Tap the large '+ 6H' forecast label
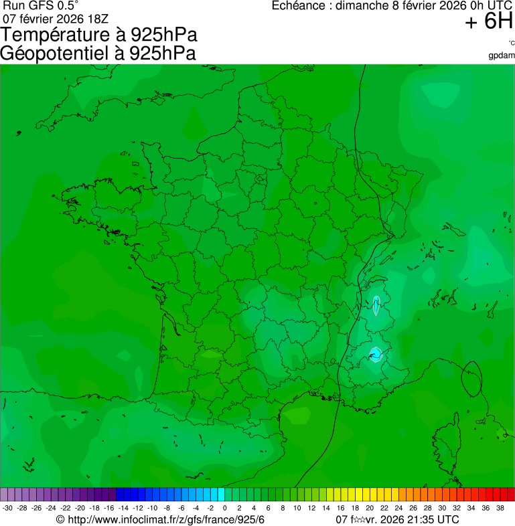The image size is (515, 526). point(488,22)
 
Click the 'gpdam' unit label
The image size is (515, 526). point(502,55)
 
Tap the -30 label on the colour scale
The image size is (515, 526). point(7,508)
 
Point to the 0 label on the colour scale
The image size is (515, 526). point(224,508)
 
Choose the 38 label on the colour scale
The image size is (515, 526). point(500,508)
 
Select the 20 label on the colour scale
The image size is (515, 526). point(369,508)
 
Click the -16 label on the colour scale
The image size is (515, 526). point(109,508)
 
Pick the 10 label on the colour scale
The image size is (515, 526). point(297,508)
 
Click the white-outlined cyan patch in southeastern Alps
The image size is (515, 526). point(376,353)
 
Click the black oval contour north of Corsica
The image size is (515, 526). point(472,378)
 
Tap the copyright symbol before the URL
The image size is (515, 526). point(60,519)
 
